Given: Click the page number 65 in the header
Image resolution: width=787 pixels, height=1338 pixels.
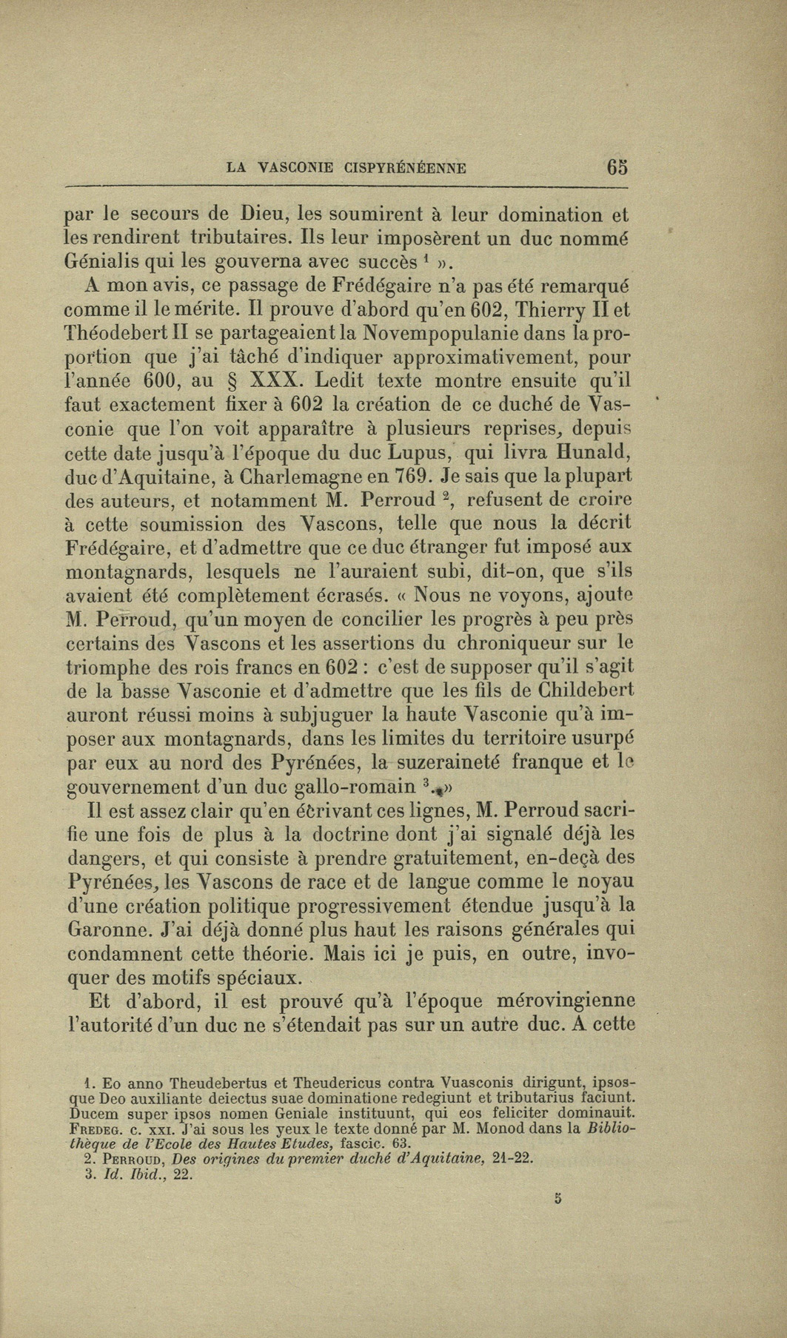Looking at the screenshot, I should [x=617, y=167].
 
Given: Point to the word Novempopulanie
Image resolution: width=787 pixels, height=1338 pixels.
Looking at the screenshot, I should [x=465, y=334].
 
